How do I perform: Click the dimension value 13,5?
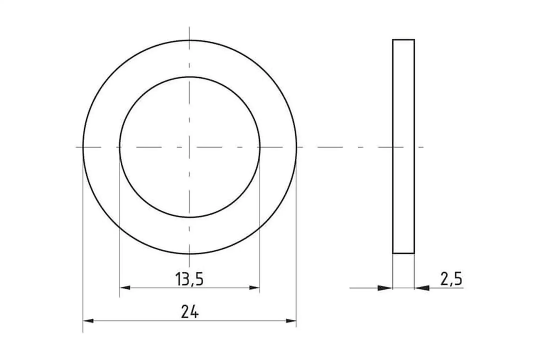point(189,279)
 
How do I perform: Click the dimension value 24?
point(190,312)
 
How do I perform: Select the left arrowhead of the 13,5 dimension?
point(125,288)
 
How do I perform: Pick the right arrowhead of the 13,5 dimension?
point(254,288)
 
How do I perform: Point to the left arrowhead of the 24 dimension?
point(88,321)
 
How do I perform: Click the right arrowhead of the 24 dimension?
point(291,321)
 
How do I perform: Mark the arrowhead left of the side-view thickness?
point(385,288)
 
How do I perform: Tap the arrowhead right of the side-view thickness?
point(422,288)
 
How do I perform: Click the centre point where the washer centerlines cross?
point(189,147)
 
